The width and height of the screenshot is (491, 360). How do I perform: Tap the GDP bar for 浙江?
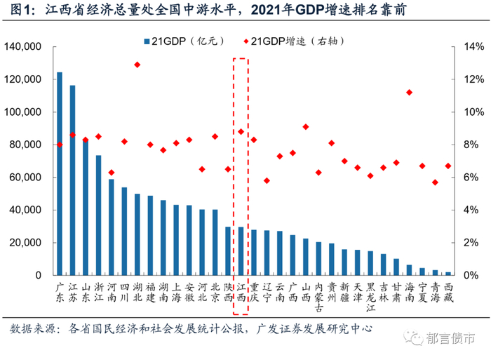click(98, 215)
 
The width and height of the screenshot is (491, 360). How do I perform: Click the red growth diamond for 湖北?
click(137, 65)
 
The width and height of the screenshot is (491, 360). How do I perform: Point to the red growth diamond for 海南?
click(409, 93)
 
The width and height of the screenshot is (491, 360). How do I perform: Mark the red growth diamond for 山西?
click(305, 126)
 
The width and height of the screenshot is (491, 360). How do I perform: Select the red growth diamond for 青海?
click(435, 182)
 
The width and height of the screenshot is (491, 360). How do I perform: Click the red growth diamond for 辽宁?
click(267, 180)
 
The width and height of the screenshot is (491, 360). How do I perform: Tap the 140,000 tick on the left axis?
click(25, 47)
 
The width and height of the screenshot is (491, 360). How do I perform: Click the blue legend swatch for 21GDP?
click(146, 41)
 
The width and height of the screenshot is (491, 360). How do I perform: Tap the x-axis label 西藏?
click(448, 292)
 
